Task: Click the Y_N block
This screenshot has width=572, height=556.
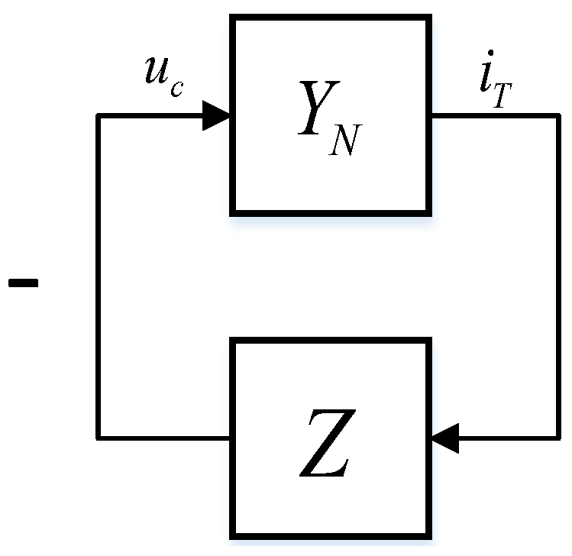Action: pos(330,115)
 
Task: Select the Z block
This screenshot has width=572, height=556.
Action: pos(330,438)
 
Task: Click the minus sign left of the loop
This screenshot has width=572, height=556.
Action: pos(23,283)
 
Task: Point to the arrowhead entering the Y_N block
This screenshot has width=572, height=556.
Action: pos(217,116)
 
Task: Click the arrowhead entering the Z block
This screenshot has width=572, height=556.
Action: pos(444,438)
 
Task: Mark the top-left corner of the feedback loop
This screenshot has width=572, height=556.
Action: pos(99,116)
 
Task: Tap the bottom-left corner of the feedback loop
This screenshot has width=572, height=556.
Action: pos(99,438)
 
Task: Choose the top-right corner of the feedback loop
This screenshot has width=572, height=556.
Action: pos(557,116)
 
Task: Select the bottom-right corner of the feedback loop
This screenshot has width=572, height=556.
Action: pos(557,438)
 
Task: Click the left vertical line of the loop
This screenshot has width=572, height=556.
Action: pos(99,275)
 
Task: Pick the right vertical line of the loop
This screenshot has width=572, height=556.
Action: pos(557,275)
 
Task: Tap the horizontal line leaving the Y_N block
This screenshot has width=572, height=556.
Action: pos(493,116)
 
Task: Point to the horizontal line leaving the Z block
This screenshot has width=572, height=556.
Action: pos(164,438)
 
